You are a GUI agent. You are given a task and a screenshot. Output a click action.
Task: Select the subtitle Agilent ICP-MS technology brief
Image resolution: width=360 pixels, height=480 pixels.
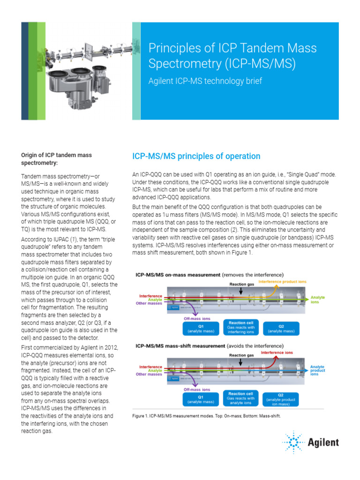coord(205,81)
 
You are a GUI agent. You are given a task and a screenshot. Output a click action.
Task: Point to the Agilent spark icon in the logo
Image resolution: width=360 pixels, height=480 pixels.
coord(292,442)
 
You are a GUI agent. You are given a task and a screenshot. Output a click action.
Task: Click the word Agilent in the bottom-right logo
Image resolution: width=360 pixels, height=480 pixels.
coord(323,442)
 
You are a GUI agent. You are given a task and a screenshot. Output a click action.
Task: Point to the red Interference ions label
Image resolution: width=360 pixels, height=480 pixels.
coord(277,352)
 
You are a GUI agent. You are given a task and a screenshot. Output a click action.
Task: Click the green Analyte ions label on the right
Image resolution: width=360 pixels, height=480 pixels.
coord(317,300)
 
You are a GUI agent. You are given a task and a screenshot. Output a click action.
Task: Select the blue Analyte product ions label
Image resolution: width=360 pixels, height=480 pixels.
coord(317,370)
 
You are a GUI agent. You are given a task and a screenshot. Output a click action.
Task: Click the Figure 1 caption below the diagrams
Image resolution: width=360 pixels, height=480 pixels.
coord(207,416)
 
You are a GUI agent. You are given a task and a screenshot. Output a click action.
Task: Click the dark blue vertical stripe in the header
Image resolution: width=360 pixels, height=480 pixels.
coord(24,70)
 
